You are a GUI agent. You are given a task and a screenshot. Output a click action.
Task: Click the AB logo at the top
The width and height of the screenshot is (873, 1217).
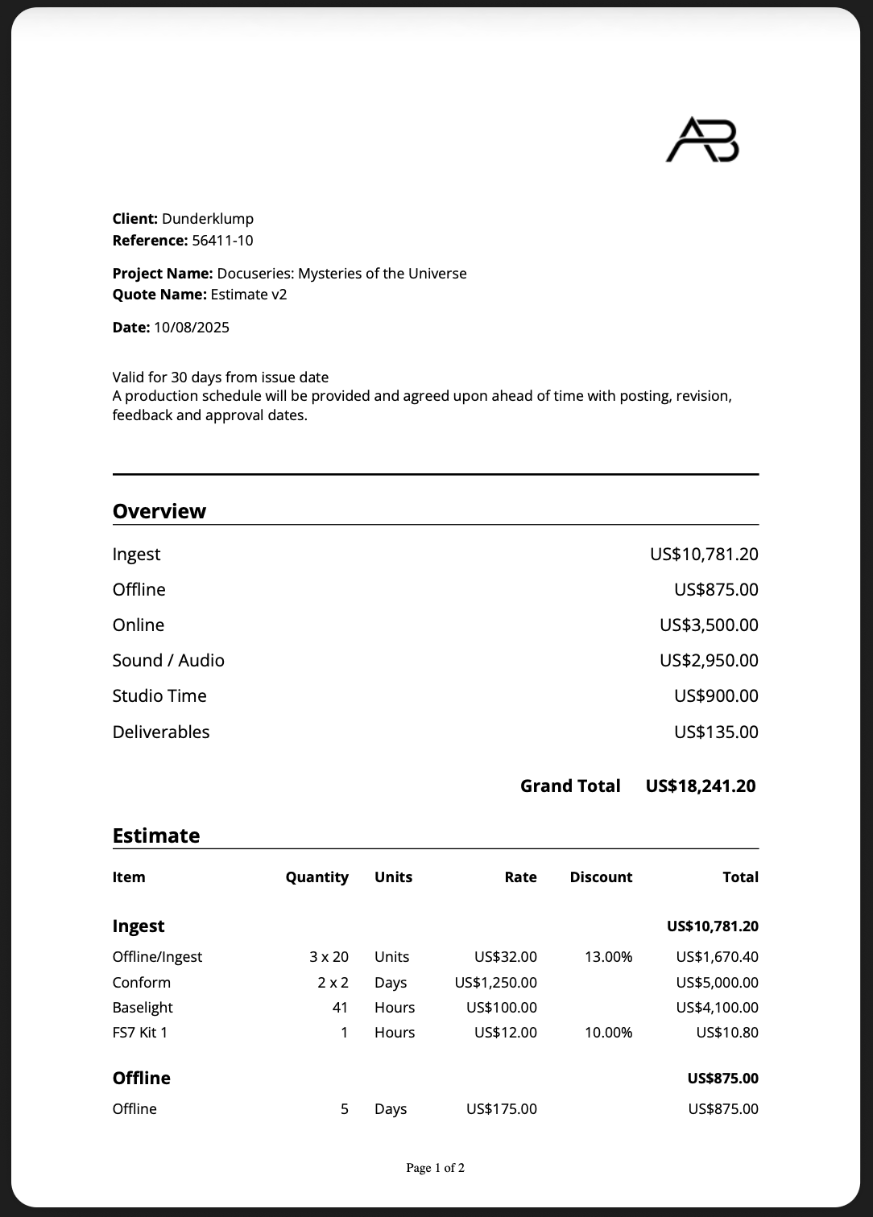[x=702, y=140]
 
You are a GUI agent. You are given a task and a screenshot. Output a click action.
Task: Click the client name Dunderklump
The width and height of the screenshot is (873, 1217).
[x=208, y=219]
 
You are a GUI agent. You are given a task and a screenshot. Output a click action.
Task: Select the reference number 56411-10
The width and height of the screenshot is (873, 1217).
[x=222, y=241]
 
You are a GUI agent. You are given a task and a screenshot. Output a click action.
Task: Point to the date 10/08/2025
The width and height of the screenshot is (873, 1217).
[x=192, y=328]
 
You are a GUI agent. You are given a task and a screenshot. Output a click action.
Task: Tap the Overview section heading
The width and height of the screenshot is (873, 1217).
[x=159, y=512]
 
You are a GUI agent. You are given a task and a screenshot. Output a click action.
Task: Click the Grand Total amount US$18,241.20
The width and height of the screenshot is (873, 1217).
[x=701, y=786]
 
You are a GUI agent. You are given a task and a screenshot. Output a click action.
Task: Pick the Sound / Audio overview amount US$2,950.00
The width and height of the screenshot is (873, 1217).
[x=709, y=661]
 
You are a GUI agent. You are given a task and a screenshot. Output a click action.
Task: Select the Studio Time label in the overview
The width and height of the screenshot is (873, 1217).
[x=159, y=696]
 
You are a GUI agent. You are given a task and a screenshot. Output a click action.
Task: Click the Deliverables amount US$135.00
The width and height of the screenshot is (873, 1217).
[x=716, y=732]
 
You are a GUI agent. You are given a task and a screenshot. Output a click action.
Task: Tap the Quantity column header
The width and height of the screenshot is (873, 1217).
[x=317, y=877]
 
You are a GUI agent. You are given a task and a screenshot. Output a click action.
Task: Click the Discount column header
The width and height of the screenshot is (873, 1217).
[x=601, y=877]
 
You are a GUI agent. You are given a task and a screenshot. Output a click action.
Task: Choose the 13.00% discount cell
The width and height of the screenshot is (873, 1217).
[x=608, y=957]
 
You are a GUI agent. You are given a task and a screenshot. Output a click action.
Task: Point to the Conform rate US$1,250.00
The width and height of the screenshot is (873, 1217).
[x=495, y=983]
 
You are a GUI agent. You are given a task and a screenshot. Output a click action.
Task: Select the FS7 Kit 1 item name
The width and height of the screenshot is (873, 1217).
[x=140, y=1033]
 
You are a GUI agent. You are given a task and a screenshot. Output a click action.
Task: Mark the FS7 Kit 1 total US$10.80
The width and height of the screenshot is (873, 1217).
[x=727, y=1033]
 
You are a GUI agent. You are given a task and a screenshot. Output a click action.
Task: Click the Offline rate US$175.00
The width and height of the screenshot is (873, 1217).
[x=501, y=1109]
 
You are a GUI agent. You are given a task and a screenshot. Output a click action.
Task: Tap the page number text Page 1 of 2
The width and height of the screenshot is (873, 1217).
[x=435, y=1168]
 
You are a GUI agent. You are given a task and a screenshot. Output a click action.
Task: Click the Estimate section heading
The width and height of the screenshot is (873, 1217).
[x=156, y=836]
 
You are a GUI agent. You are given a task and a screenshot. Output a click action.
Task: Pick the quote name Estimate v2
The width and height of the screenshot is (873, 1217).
[x=249, y=295]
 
